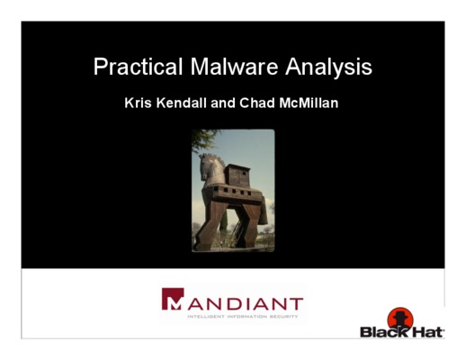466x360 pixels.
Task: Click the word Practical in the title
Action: (138, 67)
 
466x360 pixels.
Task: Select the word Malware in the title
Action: (234, 66)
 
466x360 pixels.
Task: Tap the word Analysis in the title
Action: (328, 67)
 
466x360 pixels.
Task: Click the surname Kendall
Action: (182, 103)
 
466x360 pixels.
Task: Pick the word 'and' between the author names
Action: (223, 103)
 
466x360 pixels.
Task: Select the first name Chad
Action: (257, 103)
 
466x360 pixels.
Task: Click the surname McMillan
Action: (309, 103)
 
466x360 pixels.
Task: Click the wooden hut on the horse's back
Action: (237, 175)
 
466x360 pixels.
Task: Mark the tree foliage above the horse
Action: (204, 139)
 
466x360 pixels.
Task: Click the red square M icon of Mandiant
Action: (173, 299)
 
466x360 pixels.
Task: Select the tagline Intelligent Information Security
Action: (243, 316)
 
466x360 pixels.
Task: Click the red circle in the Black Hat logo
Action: (400, 319)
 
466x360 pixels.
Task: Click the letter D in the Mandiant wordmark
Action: (235, 303)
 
